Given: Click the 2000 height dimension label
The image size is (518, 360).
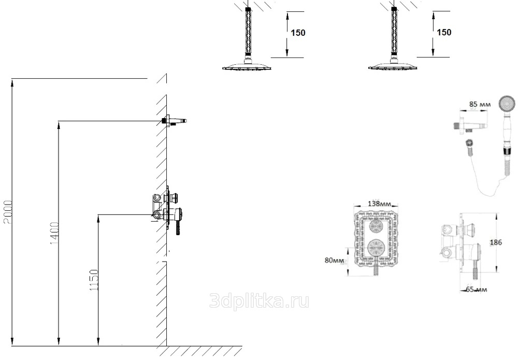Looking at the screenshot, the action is pyautogui.click(x=7, y=212).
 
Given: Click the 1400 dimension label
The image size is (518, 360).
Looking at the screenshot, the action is pyautogui.click(x=54, y=234).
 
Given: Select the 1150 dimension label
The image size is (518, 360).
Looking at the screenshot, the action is pyautogui.click(x=94, y=280).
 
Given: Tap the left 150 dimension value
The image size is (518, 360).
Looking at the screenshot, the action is pyautogui.click(x=298, y=33).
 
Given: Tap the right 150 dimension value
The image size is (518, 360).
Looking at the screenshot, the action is pyautogui.click(x=444, y=32).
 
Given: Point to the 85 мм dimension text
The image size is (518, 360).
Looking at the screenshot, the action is pyautogui.click(x=480, y=104).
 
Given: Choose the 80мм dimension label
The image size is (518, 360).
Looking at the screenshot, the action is pyautogui.click(x=334, y=260).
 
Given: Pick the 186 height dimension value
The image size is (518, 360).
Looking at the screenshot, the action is pyautogui.click(x=496, y=242).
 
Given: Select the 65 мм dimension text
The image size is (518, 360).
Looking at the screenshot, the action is pyautogui.click(x=477, y=290).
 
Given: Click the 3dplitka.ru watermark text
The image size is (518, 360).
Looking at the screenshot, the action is pyautogui.click(x=260, y=301).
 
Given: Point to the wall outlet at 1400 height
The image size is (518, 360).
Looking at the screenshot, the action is pyautogui.click(x=174, y=121).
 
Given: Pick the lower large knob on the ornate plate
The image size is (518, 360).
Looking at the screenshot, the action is pyautogui.click(x=376, y=248).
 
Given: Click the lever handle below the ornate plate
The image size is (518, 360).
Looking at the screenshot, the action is pyautogui.click(x=376, y=266).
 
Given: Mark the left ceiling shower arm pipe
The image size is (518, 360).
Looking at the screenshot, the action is pyautogui.click(x=248, y=33).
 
